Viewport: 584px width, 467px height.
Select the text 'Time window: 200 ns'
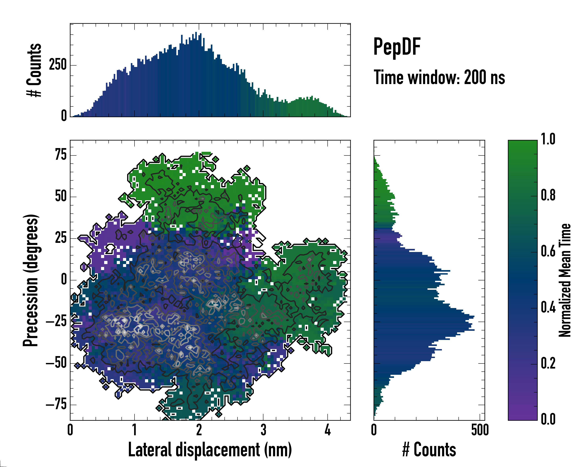[439, 77]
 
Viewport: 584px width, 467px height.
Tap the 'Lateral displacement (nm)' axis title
[210, 450]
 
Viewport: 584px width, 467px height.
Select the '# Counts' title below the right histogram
[429, 450]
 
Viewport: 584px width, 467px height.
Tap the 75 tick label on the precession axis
[61, 155]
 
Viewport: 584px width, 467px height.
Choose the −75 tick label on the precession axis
[56, 405]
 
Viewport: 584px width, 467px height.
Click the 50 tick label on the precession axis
[61, 197]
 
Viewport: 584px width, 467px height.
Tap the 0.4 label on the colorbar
[548, 308]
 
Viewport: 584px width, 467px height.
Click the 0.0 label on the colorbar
[548, 419]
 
